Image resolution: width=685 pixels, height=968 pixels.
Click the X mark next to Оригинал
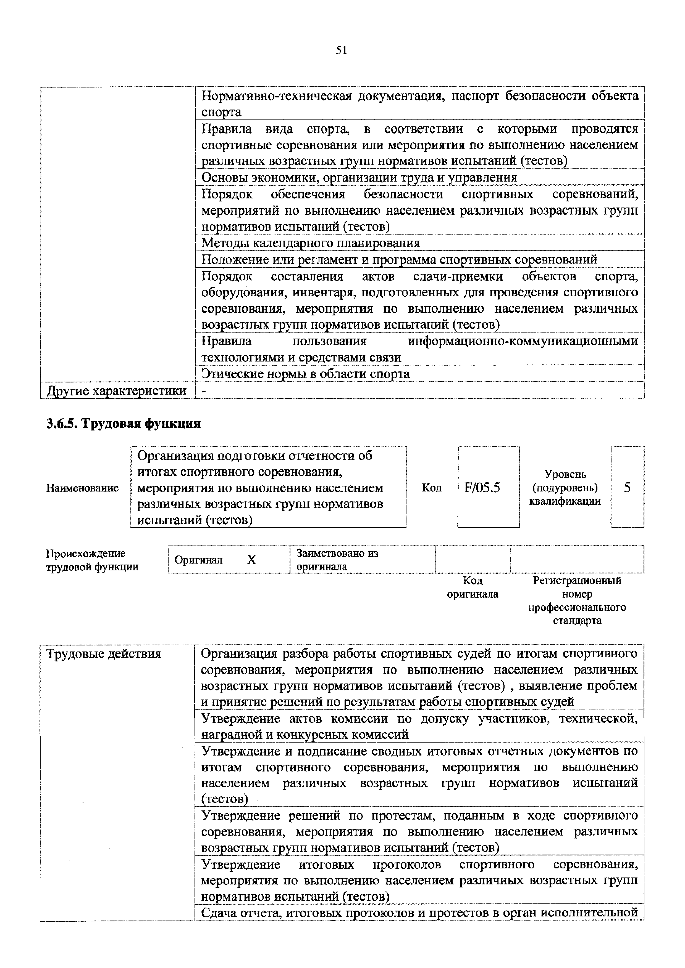tap(251, 559)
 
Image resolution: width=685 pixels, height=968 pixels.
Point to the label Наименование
tap(83, 488)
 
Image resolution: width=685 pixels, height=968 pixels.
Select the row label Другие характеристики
tap(117, 390)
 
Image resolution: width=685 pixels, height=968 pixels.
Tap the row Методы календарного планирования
tap(311, 243)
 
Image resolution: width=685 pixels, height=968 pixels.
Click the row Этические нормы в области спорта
tap(306, 374)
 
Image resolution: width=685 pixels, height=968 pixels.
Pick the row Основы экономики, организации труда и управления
tap(359, 177)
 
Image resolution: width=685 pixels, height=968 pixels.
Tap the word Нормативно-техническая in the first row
tap(276, 96)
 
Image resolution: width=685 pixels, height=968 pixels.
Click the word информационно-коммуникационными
tap(523, 341)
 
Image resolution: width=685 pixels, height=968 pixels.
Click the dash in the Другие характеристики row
tap(204, 391)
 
